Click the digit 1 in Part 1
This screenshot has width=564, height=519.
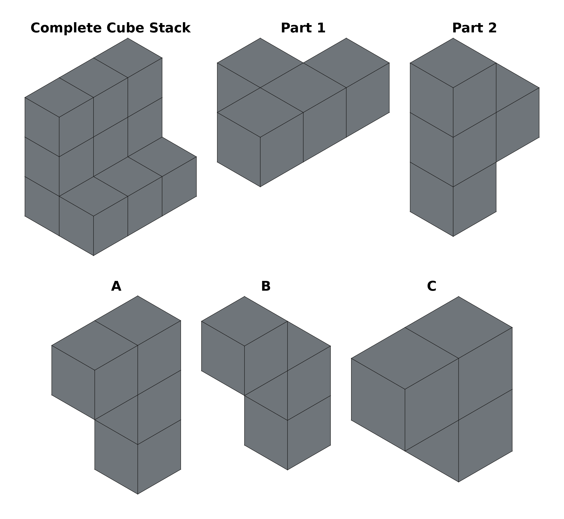click(x=321, y=28)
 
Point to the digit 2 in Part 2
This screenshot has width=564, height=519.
click(x=492, y=28)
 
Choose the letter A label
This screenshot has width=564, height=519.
click(x=116, y=286)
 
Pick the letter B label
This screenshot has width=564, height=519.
click(x=266, y=286)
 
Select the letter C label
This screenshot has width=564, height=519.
click(x=432, y=286)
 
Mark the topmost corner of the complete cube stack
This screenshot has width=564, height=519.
click(x=128, y=38)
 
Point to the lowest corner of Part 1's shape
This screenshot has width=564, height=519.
click(x=260, y=187)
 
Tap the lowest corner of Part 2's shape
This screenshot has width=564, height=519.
click(x=453, y=237)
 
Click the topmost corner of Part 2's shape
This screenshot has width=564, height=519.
click(x=453, y=38)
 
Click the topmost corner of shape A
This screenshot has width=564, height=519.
click(x=138, y=296)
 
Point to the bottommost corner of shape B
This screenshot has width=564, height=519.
click(x=287, y=470)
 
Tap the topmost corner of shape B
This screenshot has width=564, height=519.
click(x=244, y=297)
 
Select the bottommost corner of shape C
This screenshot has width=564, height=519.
click(x=458, y=482)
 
